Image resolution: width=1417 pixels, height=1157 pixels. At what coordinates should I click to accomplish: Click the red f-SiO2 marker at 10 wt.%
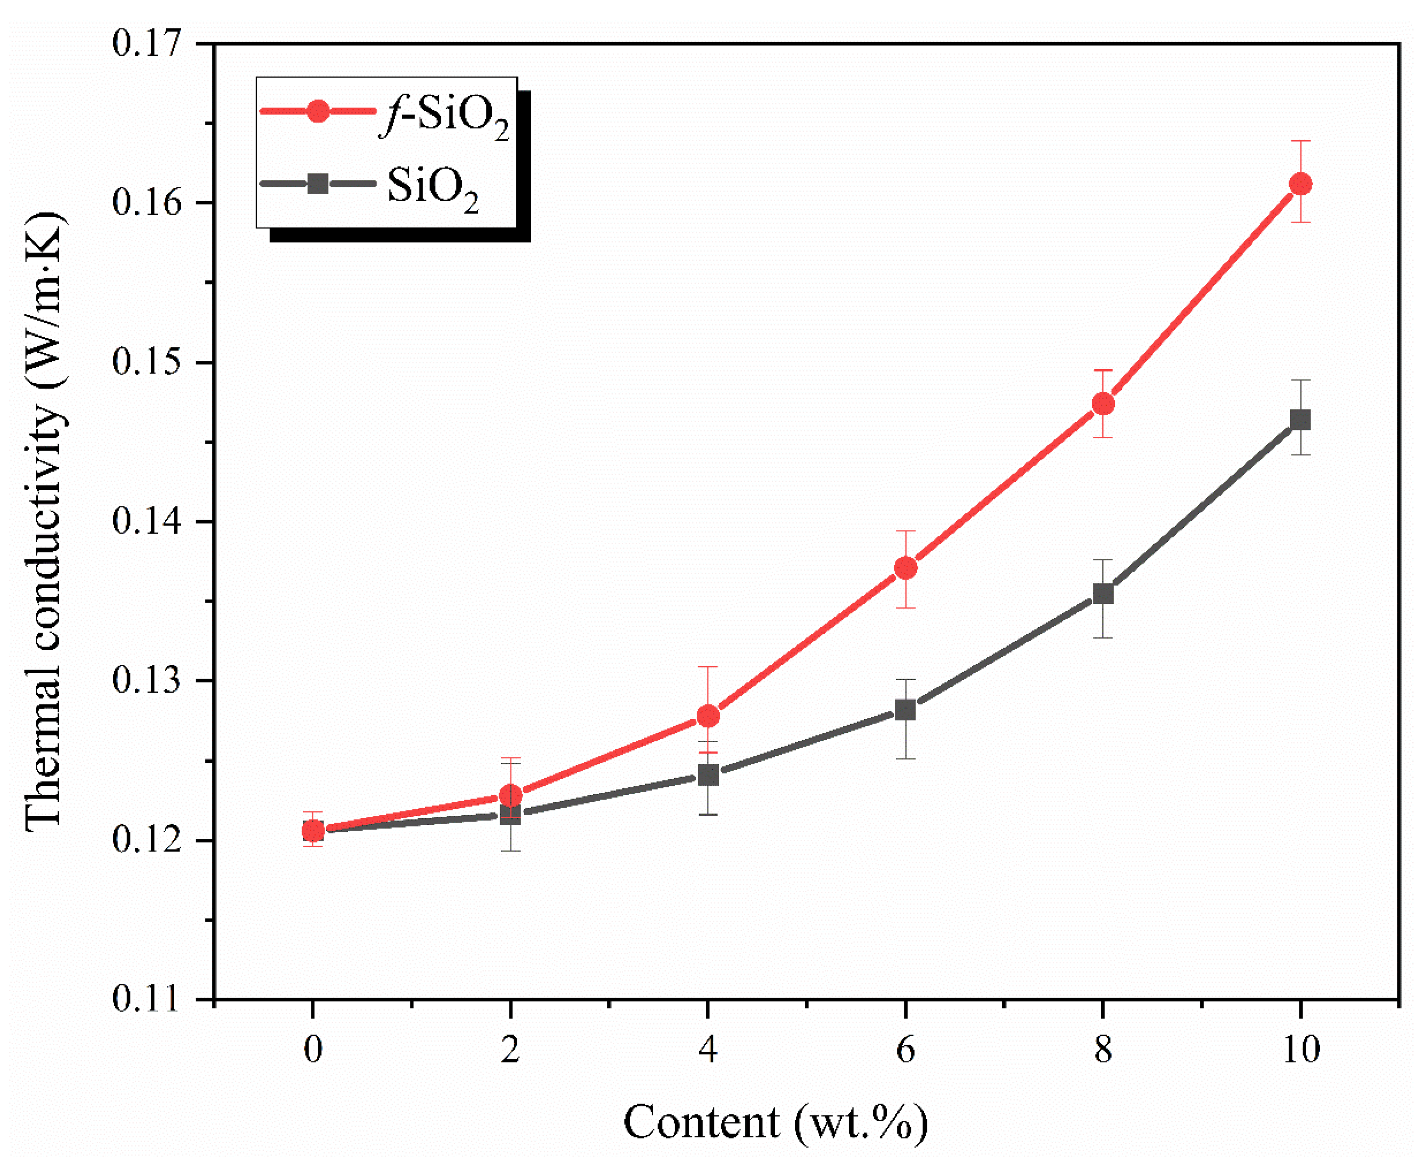click(1300, 184)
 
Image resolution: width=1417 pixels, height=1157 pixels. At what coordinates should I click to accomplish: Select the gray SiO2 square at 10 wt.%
click(1300, 420)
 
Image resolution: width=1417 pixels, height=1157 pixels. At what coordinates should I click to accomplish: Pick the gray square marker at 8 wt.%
click(1103, 593)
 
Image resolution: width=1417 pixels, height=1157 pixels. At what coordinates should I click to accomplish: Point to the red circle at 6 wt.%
click(905, 569)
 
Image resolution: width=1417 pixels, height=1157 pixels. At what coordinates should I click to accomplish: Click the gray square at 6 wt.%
click(905, 710)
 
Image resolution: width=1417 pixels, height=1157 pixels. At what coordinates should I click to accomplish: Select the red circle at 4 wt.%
click(708, 716)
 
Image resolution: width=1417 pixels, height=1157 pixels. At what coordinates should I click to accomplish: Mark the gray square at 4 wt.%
click(708, 775)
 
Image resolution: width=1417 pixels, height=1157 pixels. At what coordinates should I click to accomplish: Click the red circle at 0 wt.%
click(313, 831)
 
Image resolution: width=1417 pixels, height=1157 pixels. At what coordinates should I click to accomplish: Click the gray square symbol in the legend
click(318, 183)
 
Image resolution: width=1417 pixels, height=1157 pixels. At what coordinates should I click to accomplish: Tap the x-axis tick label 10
click(1300, 1050)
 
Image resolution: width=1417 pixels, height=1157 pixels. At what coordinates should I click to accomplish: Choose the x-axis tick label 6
click(905, 1050)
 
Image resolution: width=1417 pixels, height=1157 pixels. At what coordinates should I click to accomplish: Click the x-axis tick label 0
click(313, 1050)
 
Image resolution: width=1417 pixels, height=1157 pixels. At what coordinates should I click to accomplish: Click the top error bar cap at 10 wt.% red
click(1300, 141)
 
